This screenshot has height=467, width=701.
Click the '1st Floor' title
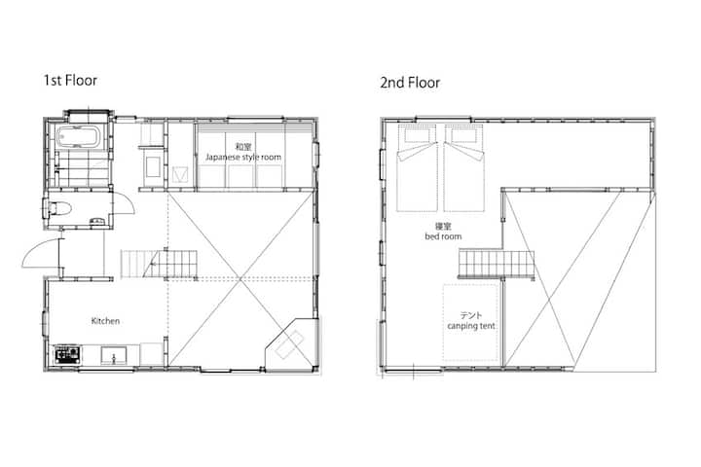click(70, 81)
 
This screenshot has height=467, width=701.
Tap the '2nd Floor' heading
click(410, 83)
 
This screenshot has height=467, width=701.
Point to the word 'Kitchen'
click(105, 321)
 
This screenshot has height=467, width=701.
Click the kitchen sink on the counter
click(114, 356)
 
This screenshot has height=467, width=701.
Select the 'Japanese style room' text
click(243, 157)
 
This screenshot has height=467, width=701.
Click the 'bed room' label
click(443, 236)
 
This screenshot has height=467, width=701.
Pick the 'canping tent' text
click(471, 326)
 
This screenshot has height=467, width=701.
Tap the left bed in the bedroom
click(417, 168)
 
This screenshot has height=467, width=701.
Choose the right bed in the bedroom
click(463, 168)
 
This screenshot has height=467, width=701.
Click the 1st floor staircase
click(159, 264)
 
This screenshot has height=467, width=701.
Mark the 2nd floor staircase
click(497, 264)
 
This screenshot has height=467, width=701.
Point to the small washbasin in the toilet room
click(97, 220)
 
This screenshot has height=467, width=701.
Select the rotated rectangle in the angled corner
click(289, 344)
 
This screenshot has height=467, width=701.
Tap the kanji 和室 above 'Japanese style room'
click(243, 147)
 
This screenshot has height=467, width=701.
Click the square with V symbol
click(179, 174)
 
